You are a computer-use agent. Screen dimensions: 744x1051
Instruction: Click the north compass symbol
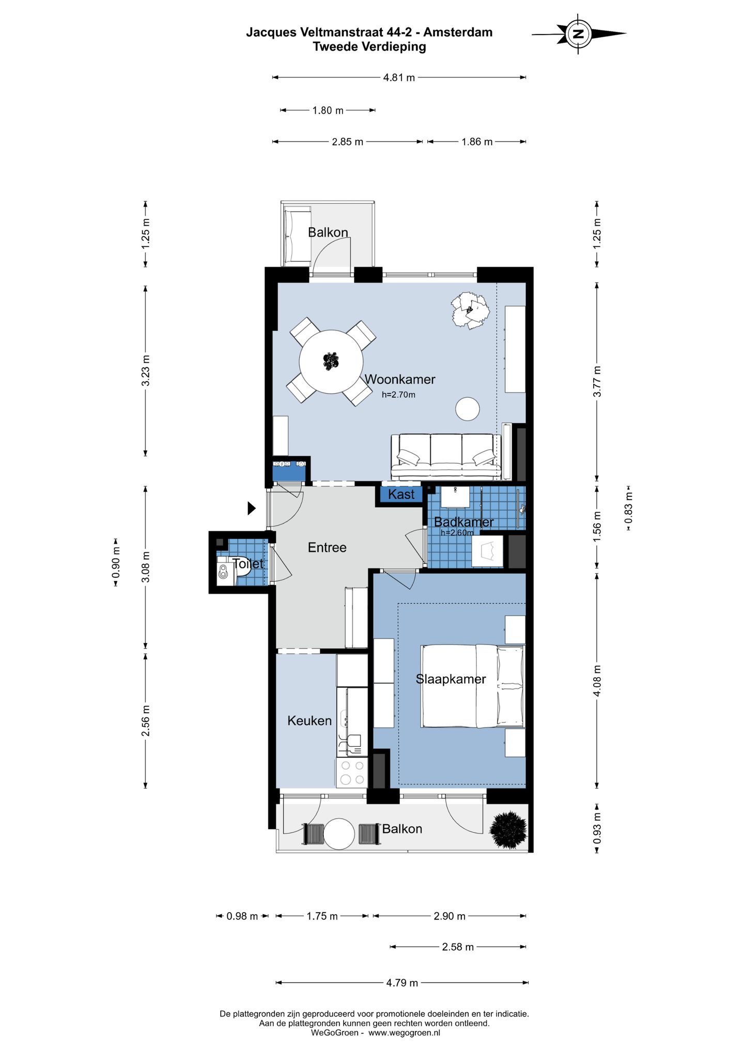pos(579,34)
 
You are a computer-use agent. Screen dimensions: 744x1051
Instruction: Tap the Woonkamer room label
pos(400,380)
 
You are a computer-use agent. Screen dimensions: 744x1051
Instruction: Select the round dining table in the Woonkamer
pos(331,362)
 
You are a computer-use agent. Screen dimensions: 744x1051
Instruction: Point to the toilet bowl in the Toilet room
pos(224,572)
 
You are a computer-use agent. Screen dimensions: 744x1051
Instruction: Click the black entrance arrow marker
pos(252,508)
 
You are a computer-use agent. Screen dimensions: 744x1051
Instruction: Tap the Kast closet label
pos(401,494)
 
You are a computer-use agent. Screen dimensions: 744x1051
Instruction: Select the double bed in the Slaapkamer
pos(473,686)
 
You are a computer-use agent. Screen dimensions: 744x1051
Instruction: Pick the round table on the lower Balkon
pos(339,834)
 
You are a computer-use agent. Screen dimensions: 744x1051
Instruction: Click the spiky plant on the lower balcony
pos(508,830)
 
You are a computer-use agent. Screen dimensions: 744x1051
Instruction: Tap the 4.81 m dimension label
pos(399,78)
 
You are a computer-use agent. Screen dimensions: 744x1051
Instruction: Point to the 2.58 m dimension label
pos(458,947)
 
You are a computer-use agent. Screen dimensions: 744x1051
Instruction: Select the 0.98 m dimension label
pos(242,916)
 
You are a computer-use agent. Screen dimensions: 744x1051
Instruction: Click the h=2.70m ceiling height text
pos(398,395)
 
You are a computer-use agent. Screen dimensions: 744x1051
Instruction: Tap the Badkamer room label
pos(463,522)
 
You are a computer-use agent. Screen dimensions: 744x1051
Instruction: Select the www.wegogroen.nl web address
pos(404,1033)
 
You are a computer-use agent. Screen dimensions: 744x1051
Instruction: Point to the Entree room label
pos(327,547)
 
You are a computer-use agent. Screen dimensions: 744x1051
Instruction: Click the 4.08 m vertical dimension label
pos(597,680)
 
